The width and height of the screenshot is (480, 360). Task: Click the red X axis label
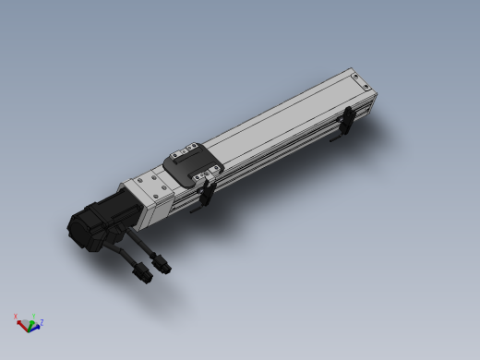point(16,317)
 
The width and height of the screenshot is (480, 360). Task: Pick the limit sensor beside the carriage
point(210,192)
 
